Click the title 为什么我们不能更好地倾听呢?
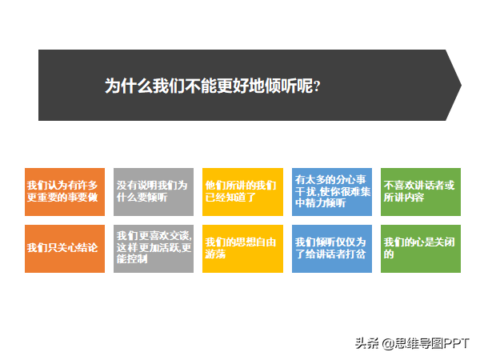coord(213,86)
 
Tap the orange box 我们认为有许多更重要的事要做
coord(65,192)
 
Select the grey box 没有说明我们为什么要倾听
coord(154,192)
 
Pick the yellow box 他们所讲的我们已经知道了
coord(242,192)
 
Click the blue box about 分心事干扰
coord(332,192)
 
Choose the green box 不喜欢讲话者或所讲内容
coord(421,192)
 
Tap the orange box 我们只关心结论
coord(65,249)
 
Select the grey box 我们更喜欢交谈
coord(154,249)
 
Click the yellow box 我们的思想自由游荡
coord(242,249)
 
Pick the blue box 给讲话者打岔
coord(332,249)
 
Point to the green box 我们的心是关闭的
coord(421,249)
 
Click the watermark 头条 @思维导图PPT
coord(412,343)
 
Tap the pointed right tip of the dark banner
coord(461,85)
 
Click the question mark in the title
coord(317,86)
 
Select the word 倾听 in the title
coord(281,86)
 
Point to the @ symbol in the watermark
coord(388,344)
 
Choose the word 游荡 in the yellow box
coord(215,254)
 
